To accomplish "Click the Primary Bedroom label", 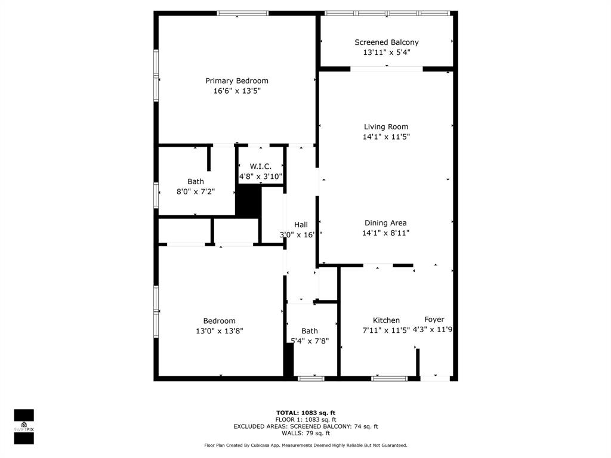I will point(237,81).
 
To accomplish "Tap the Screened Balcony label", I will point(387,42).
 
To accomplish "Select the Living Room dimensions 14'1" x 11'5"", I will point(386,137).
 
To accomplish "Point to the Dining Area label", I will point(385,223).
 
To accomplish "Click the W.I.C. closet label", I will point(261,166).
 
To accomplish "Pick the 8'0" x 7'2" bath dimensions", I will point(195,191).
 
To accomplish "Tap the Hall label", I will point(301,224).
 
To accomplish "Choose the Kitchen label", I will point(386,320).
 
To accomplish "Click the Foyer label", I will point(434,320).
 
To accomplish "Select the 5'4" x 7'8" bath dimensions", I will point(310,341).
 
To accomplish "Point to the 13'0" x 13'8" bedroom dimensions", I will point(219,330).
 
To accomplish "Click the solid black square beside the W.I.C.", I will point(249,201).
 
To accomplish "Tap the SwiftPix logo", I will point(24,426).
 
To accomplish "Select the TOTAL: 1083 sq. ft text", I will point(305,413).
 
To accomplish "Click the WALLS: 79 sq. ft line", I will point(305,434).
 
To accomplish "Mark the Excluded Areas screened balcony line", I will point(305,426).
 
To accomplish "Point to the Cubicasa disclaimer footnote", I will point(305,445).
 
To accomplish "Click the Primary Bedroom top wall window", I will point(242,13).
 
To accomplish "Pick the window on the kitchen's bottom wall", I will point(389,378).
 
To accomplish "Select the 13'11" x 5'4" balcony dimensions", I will point(387,52).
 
